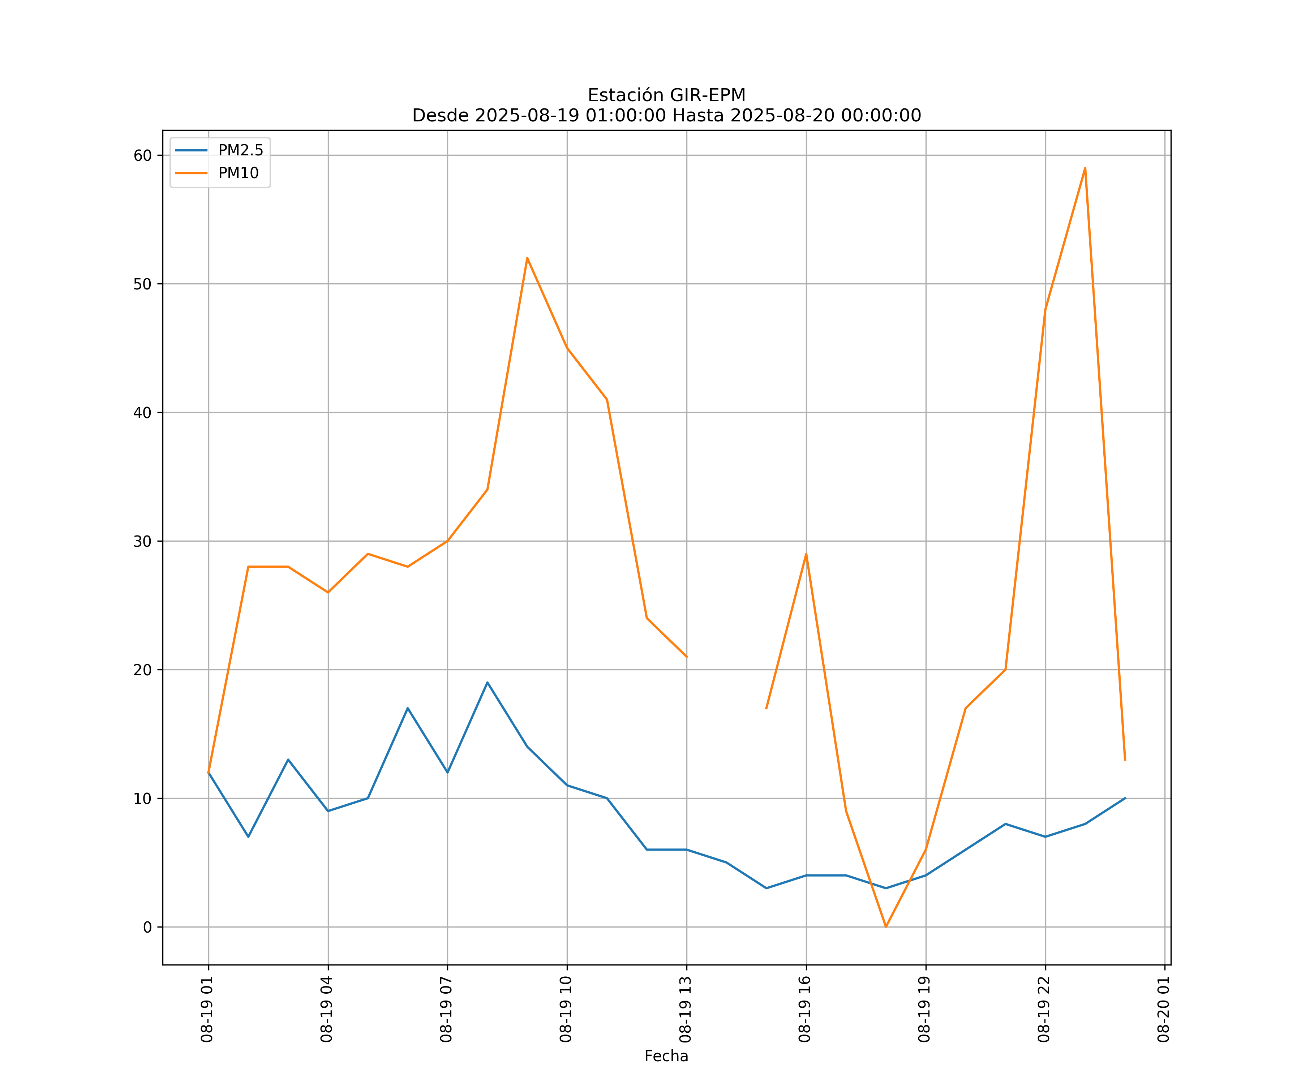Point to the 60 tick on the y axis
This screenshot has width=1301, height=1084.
tap(142, 155)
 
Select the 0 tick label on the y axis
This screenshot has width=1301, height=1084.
tap(147, 927)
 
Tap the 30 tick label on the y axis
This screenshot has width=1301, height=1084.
tap(142, 541)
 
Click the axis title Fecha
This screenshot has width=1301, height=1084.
tap(666, 1056)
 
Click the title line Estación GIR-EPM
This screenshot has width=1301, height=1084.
tap(666, 95)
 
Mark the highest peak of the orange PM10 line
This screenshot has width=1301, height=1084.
tap(1085, 168)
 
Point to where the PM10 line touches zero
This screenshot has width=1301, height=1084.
tap(886, 927)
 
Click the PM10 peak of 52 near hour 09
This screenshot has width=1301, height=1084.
tap(527, 258)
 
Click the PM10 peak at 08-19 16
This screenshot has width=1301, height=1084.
tap(806, 554)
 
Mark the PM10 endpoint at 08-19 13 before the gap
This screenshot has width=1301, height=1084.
tap(686, 657)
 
